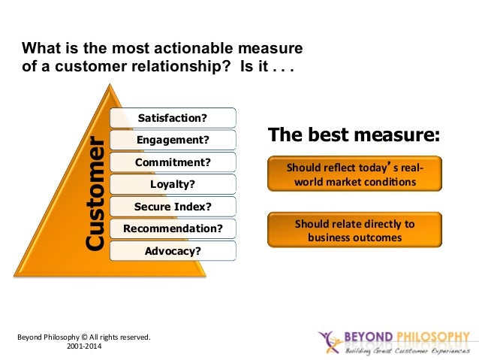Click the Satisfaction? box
[x=173, y=118]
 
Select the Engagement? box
[x=173, y=140]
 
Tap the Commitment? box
[x=173, y=162]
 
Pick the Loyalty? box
[x=173, y=184]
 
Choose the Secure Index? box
[x=173, y=206]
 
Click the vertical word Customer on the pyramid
[x=95, y=193]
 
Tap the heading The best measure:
[x=354, y=136]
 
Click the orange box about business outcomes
[x=355, y=230]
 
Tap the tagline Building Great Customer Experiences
[x=406, y=350]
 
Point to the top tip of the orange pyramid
[x=111, y=85]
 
